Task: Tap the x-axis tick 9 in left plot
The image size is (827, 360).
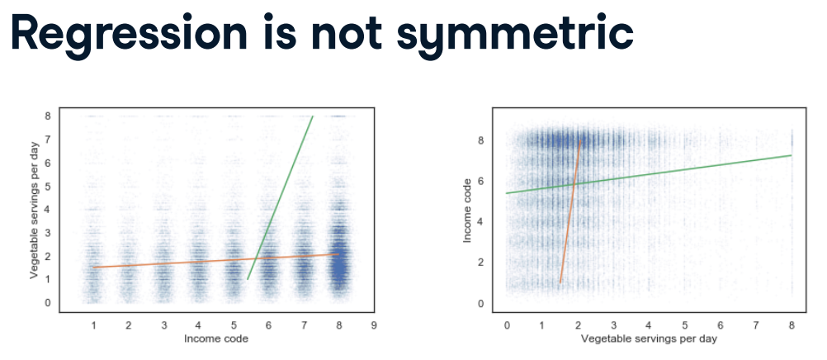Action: (374, 325)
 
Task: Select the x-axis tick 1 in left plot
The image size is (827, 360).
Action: (94, 325)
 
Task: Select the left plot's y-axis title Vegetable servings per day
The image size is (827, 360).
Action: (35, 210)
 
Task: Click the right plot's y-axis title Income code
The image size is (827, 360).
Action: (468, 210)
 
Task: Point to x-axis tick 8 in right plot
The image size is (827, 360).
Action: (791, 325)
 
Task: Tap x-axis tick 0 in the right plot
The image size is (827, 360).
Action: (507, 325)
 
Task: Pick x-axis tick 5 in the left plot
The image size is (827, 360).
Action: (234, 325)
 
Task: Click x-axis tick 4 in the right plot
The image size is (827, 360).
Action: (649, 325)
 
